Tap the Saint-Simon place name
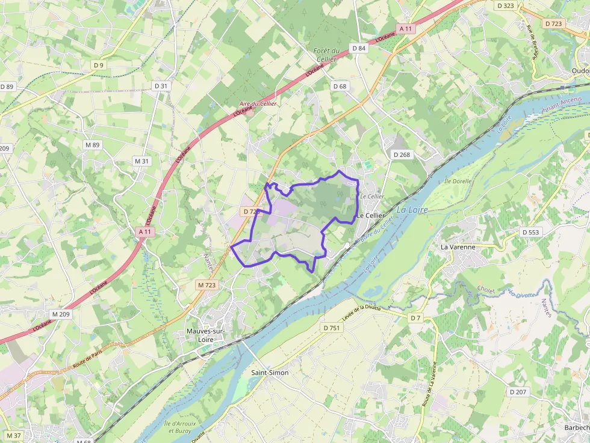[x=269, y=373]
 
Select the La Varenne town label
[x=458, y=246]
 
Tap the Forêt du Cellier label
[x=326, y=55]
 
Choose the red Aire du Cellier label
[x=258, y=103]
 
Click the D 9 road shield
[x=98, y=65]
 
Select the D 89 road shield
[x=7, y=87]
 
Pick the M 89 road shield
[x=92, y=145]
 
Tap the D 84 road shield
[x=358, y=48]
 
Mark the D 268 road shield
[x=402, y=154]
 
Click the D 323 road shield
[x=506, y=5]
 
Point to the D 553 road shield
[x=531, y=232]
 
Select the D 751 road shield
[x=332, y=328]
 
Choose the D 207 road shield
[x=517, y=392]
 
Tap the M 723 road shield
[x=206, y=285]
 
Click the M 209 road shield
[x=60, y=314]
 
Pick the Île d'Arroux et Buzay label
[x=179, y=427]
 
